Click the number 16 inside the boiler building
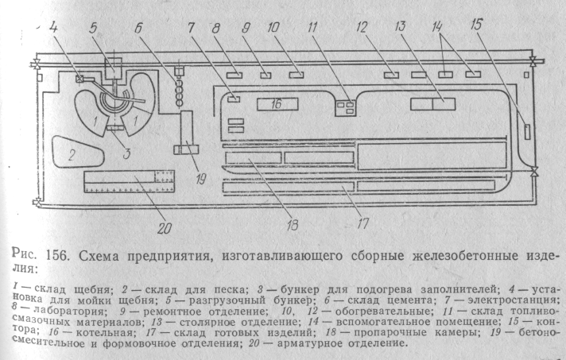275,103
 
